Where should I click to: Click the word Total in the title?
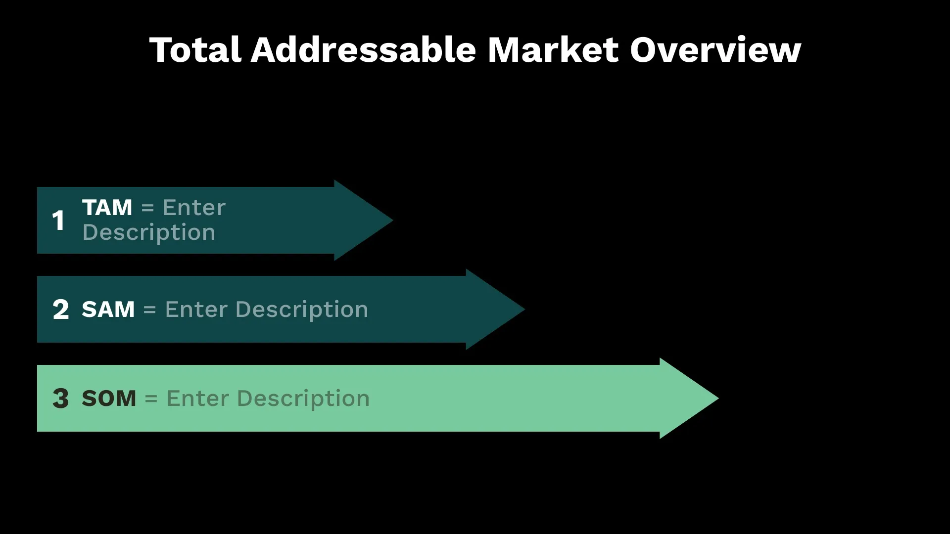pyautogui.click(x=195, y=50)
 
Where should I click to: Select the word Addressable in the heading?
pyautogui.click(x=364, y=50)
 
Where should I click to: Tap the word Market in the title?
pyautogui.click(x=553, y=50)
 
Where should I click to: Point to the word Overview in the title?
pyautogui.click(x=715, y=50)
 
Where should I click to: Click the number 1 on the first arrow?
pyautogui.click(x=58, y=221)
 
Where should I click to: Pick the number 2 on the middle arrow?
pyautogui.click(x=60, y=310)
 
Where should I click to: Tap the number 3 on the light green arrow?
pyautogui.click(x=60, y=399)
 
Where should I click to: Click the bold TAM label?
pyautogui.click(x=107, y=208)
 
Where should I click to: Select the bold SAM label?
pyautogui.click(x=108, y=310)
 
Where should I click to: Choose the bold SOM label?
pyautogui.click(x=109, y=399)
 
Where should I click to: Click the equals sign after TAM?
pyautogui.click(x=147, y=208)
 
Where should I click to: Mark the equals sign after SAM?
pyautogui.click(x=149, y=310)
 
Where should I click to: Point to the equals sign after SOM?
pyautogui.click(x=151, y=399)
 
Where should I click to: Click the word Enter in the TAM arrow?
pyautogui.click(x=194, y=208)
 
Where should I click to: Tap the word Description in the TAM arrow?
pyautogui.click(x=149, y=233)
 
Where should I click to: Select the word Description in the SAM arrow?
pyautogui.click(x=302, y=310)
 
